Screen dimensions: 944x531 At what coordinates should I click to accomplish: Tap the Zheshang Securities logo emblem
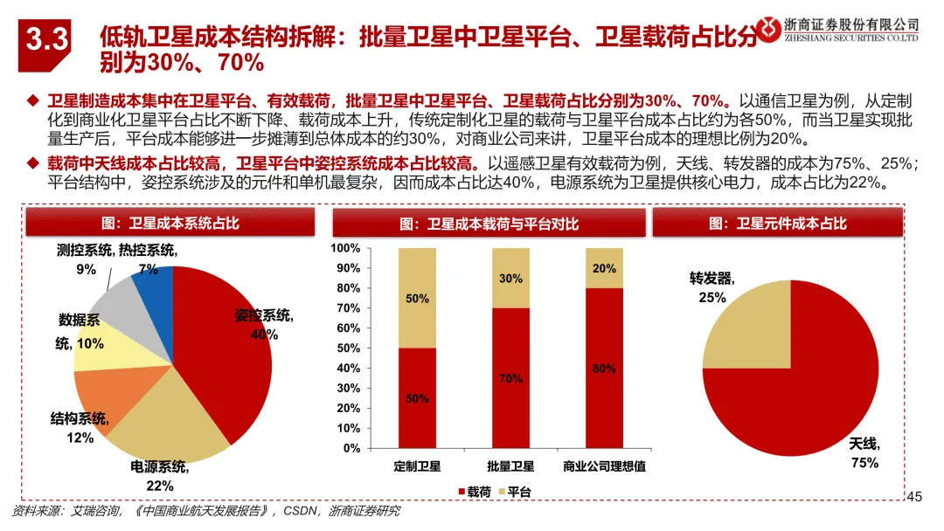pos(768,29)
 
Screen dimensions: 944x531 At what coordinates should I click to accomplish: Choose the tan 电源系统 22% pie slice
pos(171,421)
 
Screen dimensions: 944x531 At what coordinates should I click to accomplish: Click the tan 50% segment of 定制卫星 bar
pos(417,299)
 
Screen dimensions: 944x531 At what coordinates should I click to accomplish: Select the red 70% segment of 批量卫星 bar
pos(510,378)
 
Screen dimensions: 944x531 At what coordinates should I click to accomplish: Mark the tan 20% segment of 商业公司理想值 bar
pos(605,268)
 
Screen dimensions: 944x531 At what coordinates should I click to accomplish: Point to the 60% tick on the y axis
pos(348,328)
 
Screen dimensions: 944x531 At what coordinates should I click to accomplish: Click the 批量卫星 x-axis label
pos(510,466)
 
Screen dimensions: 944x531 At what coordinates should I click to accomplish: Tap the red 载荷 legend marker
pos(462,492)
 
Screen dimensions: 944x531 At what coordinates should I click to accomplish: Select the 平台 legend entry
pos(515,492)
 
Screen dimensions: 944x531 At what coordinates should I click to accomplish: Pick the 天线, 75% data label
pos(864,453)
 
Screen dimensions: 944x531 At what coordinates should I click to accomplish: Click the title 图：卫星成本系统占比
pos(170,224)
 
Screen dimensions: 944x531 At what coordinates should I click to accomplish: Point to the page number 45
pos(914,497)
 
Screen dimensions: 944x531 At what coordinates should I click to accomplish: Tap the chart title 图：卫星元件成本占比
pos(778,224)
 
